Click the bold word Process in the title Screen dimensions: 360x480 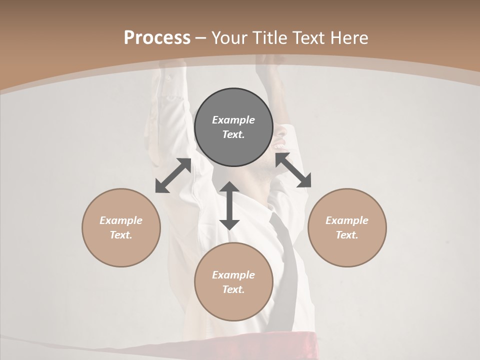click(x=157, y=38)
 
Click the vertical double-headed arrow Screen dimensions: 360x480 click(x=229, y=205)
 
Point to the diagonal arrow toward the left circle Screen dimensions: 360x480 click(x=173, y=175)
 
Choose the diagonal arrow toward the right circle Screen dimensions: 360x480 click(x=293, y=170)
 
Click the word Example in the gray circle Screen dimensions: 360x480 click(x=233, y=120)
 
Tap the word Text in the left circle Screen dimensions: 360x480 click(x=121, y=235)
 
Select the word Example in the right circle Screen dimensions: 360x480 click(x=347, y=220)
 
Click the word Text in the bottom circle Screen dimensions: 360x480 click(x=233, y=289)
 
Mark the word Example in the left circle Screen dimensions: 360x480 click(x=121, y=220)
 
